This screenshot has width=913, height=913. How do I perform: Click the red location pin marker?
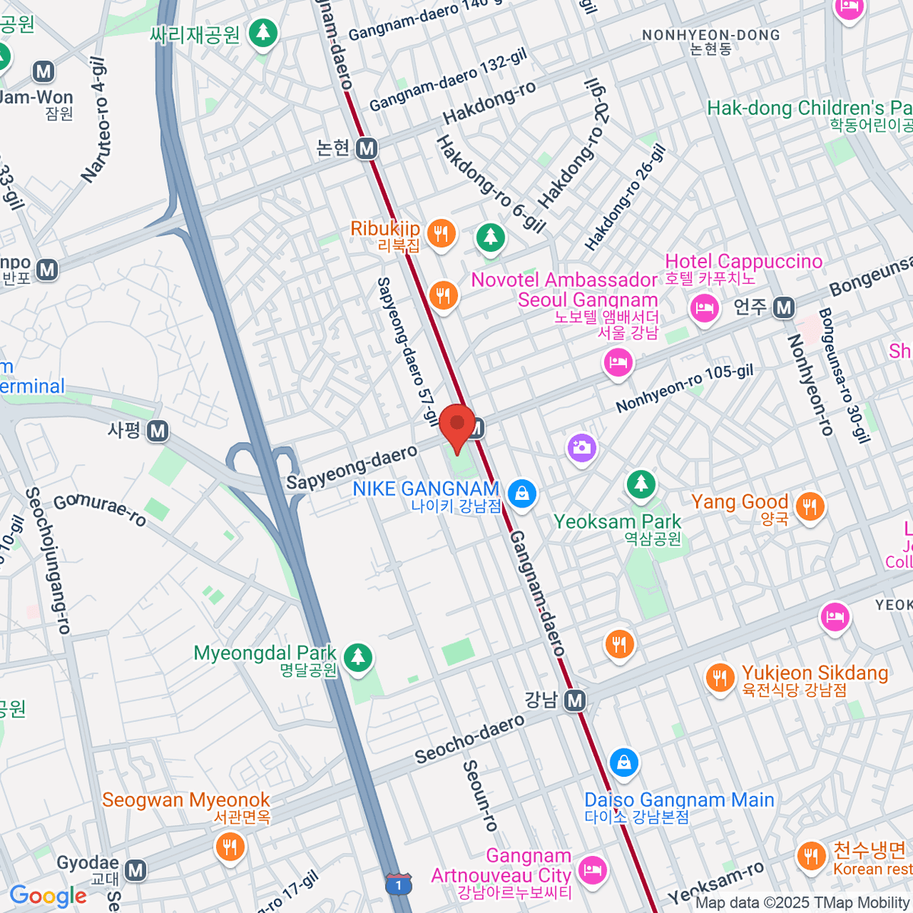(x=457, y=427)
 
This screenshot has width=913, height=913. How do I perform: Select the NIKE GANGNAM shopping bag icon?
(x=522, y=494)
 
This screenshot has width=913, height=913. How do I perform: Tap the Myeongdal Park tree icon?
(x=358, y=657)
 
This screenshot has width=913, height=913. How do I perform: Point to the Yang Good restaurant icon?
(x=810, y=506)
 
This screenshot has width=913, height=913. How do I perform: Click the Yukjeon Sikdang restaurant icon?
(x=719, y=677)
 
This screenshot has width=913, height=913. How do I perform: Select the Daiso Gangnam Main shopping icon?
(x=624, y=762)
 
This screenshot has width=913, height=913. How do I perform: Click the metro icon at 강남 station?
(x=576, y=701)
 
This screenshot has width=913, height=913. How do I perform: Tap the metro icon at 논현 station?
(x=367, y=148)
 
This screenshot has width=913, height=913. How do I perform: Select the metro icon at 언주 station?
(x=784, y=308)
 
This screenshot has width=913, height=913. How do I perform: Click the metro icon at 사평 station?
(x=157, y=431)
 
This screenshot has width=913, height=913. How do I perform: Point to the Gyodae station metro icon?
(x=135, y=870)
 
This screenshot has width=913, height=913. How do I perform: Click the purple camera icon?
(x=581, y=447)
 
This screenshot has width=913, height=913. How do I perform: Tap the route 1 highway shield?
(x=399, y=885)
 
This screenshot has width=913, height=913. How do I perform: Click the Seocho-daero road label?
(x=469, y=738)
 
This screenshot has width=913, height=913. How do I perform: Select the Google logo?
(x=48, y=896)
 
